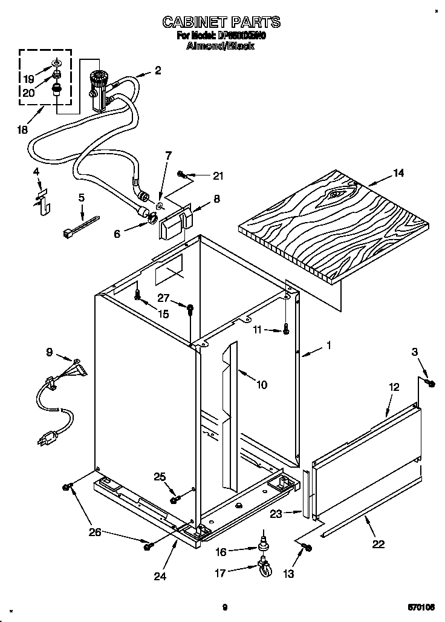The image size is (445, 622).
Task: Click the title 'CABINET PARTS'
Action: point(221,22)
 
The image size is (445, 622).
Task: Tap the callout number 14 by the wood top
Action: point(398,173)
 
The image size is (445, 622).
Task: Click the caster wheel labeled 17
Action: point(264,569)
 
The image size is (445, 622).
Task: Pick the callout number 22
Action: point(378,543)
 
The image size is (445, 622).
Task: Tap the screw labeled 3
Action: point(430,383)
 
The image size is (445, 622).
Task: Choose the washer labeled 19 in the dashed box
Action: point(56,64)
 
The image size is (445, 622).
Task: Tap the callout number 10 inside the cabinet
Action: point(261,384)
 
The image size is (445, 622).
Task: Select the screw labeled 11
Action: point(287,330)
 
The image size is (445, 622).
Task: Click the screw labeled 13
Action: point(306,548)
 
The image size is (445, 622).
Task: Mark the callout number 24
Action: point(159,575)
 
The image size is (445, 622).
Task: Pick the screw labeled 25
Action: point(175,499)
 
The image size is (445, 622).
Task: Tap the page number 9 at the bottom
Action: point(224,607)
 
